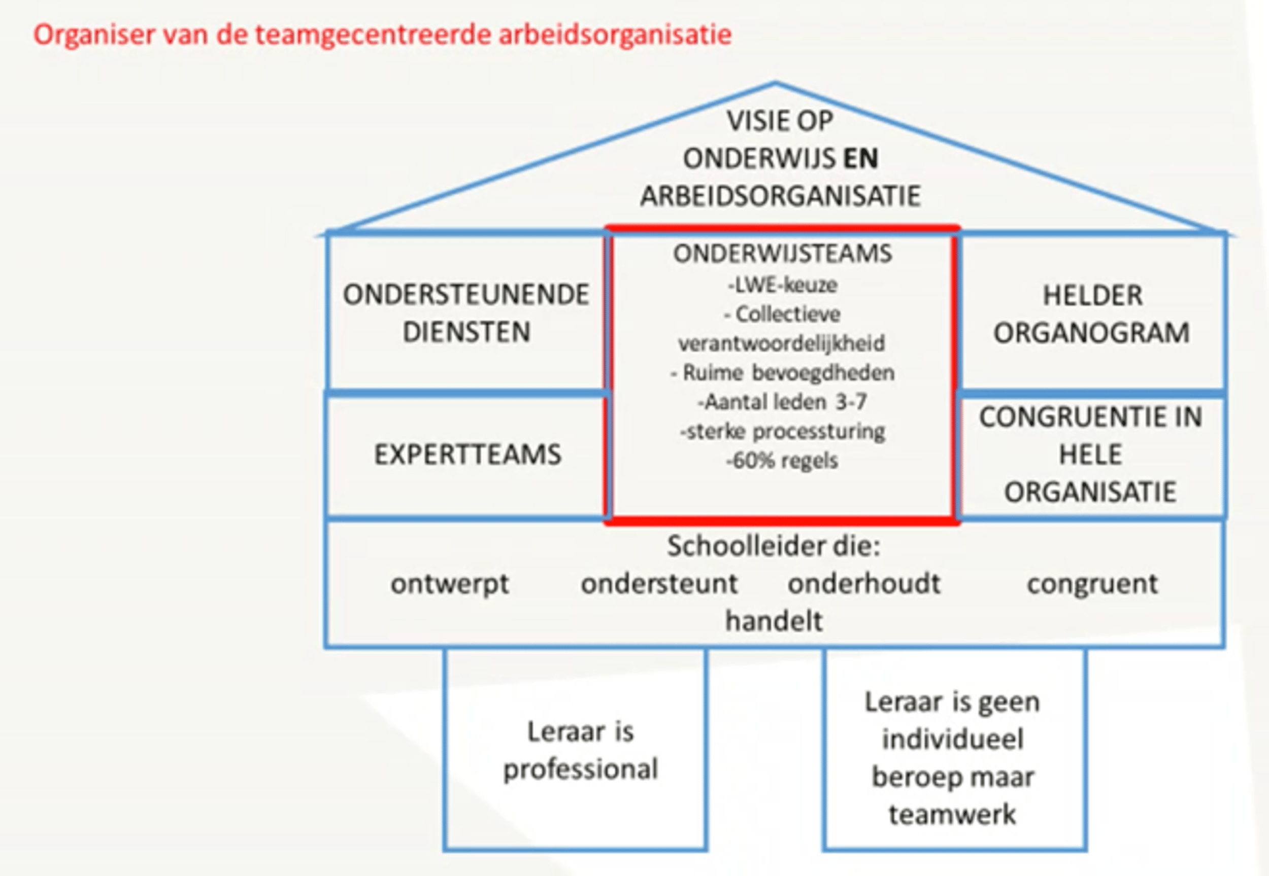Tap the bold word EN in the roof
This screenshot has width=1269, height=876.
[x=860, y=159]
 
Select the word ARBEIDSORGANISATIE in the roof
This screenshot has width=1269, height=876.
[x=780, y=196]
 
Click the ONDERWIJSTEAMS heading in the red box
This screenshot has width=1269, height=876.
[x=783, y=254]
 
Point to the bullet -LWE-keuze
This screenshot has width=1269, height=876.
[x=783, y=285]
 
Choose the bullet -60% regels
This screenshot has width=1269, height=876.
[x=783, y=460]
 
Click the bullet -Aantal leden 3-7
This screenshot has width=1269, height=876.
[x=783, y=402]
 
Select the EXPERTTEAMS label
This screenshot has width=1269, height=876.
[x=468, y=454]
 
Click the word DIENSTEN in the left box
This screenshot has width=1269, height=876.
[x=467, y=332]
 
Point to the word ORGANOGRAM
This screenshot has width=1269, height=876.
[x=1091, y=333]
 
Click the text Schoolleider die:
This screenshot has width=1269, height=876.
[x=774, y=546]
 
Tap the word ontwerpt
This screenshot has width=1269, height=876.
[x=450, y=583]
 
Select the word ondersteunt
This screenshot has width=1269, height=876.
[x=659, y=583]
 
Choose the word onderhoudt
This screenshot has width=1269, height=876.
[x=864, y=583]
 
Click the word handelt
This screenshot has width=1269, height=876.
[x=774, y=621]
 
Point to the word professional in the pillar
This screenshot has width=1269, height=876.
[x=580, y=769]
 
